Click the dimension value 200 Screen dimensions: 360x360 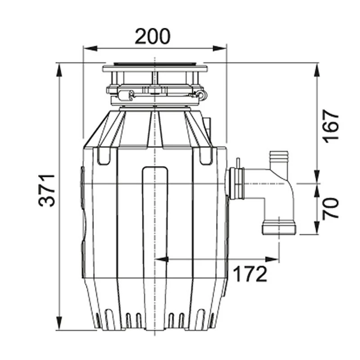coord(153,36)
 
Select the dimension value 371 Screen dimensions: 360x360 coord(47,190)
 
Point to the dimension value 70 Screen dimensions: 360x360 coord(332,208)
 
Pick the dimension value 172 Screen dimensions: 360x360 coord(250,273)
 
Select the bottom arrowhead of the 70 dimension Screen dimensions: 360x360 coord(317,230)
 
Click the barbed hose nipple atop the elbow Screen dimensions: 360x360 coord(278,161)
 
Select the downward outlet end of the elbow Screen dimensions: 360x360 coord(279,227)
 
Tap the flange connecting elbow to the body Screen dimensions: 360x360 coord(235,184)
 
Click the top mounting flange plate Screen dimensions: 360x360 coord(155,69)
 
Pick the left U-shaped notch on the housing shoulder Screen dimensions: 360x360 coord(103,156)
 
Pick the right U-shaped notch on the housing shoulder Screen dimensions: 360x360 coord(206,156)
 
